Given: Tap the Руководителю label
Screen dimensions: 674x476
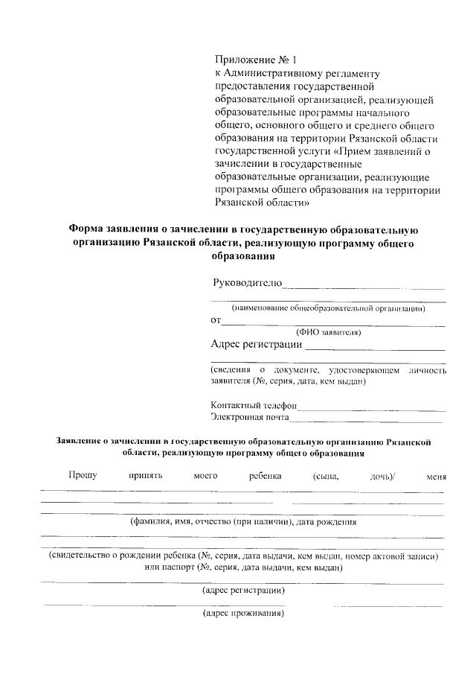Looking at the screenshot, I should [246, 282].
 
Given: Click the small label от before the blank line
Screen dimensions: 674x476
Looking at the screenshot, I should [216, 320].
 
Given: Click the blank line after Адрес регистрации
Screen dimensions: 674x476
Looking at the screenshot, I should [376, 348].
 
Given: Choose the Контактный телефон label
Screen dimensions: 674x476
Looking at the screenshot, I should [254, 405].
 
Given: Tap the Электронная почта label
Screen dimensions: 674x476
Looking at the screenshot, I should [251, 418].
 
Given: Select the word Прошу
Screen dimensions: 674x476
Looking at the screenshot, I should [83, 476].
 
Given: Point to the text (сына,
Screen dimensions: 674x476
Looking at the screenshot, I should [321, 476].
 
